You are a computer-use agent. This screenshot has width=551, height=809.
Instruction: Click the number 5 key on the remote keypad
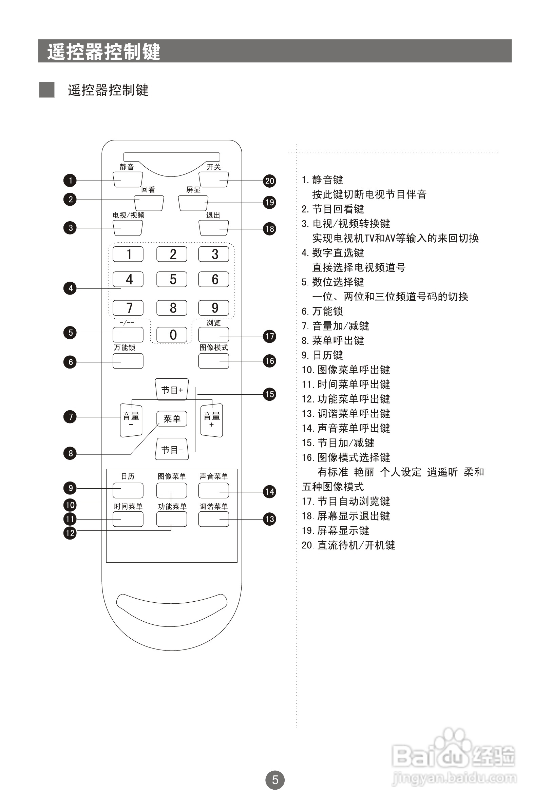pyautogui.click(x=172, y=279)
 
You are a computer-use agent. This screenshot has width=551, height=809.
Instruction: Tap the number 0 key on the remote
pyautogui.click(x=172, y=335)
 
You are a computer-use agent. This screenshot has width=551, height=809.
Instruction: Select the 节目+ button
pyautogui.click(x=172, y=390)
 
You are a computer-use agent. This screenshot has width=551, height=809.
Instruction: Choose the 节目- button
pyautogui.click(x=172, y=449)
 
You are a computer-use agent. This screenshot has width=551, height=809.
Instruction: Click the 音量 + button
pyautogui.click(x=212, y=420)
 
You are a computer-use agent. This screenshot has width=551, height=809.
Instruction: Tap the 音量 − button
pyautogui.click(x=131, y=420)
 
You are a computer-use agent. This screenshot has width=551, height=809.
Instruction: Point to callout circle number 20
pyautogui.click(x=269, y=181)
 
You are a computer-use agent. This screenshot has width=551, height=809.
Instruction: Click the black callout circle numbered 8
pyautogui.click(x=70, y=453)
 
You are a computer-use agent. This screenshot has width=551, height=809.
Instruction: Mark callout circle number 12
pyautogui.click(x=70, y=533)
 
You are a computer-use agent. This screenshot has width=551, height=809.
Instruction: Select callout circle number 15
pyautogui.click(x=269, y=394)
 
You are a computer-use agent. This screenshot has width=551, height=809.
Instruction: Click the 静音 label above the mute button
pyautogui.click(x=127, y=167)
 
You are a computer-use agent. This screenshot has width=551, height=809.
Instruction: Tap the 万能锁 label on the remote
pyautogui.click(x=124, y=347)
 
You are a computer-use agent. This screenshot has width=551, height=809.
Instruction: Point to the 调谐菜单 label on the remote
pyautogui.click(x=214, y=507)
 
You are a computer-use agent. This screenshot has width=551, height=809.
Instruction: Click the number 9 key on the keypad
pyautogui.click(x=214, y=308)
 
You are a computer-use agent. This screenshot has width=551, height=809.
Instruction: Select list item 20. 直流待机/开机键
pyautogui.click(x=348, y=545)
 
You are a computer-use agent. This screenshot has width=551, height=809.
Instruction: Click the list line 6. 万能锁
pyautogui.click(x=322, y=311)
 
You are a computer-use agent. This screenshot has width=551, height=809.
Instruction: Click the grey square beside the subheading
pyautogui.click(x=46, y=90)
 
